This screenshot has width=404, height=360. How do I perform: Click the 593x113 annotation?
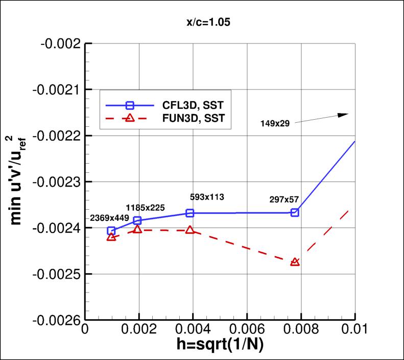coord(206,196)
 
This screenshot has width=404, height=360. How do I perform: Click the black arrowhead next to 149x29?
coord(343,115)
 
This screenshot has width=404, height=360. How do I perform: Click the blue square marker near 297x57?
coord(295,212)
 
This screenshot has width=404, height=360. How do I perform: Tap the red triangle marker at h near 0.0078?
coord(295,262)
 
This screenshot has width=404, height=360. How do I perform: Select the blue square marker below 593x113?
coord(190,213)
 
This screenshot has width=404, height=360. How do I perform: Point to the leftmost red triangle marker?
coord(111,237)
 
